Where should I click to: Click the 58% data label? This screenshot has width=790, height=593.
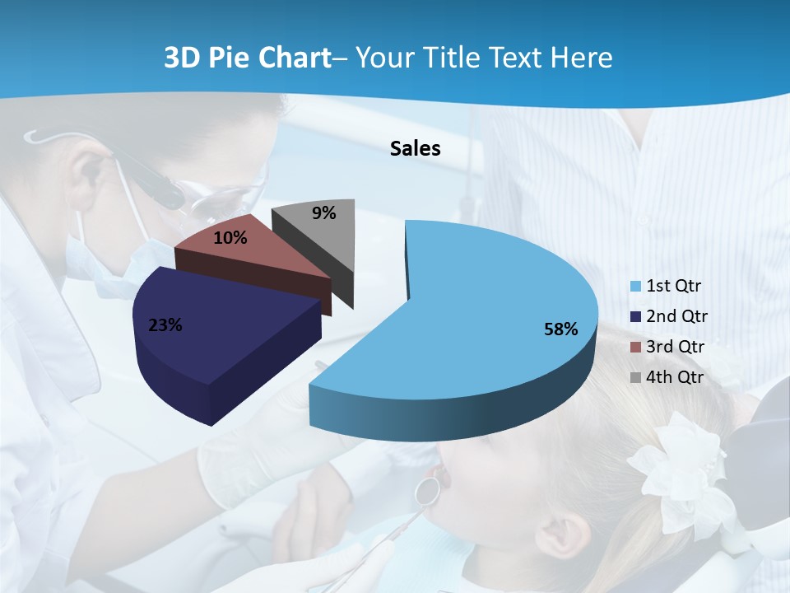click(x=560, y=329)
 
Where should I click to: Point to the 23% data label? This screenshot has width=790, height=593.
click(x=165, y=325)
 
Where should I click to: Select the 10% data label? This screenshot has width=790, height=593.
click(x=230, y=238)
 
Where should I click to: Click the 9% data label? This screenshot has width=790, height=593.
click(x=324, y=213)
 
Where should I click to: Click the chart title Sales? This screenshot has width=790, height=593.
click(x=415, y=148)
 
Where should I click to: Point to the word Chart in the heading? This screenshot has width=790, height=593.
click(x=295, y=57)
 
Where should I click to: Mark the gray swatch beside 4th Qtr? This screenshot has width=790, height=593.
click(x=635, y=377)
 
